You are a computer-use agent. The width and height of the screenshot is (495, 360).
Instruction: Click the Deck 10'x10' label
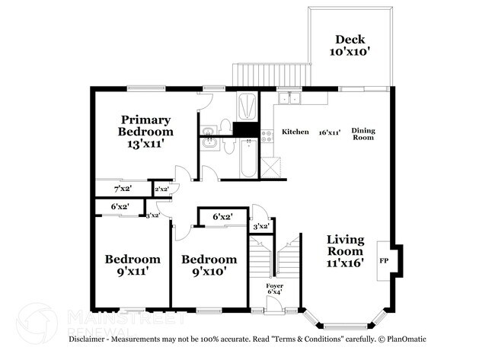pos(349,46)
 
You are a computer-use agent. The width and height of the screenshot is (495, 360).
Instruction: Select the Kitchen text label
pos(295,132)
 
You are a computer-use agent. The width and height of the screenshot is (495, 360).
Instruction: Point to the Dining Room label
pos(363,135)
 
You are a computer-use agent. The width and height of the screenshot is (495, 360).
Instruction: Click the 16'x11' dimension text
pos(329,132)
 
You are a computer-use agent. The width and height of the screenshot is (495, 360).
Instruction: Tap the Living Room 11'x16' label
pos(345,250)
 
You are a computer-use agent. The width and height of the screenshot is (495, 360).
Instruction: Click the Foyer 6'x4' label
pos(275,290)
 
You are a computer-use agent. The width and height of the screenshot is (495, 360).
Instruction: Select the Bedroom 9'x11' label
pos(133,264)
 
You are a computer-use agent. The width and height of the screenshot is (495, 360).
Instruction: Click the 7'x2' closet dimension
pos(122,188)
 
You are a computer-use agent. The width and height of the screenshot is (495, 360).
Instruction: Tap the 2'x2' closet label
pos(161,189)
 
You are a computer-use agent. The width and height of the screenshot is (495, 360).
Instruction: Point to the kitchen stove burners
pos(267,136)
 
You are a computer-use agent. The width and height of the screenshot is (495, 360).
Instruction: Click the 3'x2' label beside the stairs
pos(261,226)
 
